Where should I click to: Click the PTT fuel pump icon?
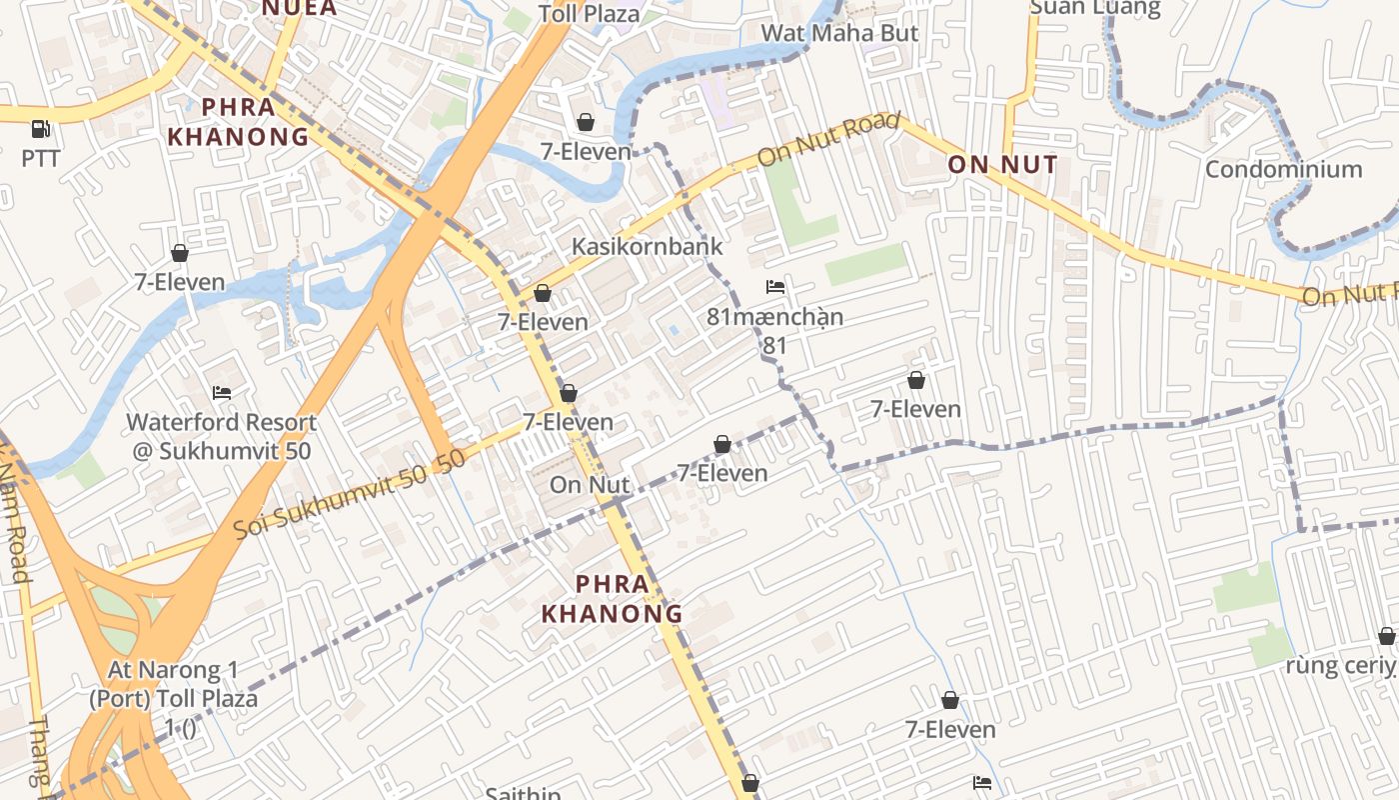coord(40,128)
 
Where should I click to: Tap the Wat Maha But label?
coord(839,33)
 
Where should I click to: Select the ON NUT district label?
coord(1001,165)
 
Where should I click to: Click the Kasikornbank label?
coord(647,246)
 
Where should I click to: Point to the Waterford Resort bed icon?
coord(222,393)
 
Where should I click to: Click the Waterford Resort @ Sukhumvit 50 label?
coord(222,436)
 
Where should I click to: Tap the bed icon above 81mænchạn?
coord(775,288)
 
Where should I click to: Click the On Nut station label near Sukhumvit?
coord(590,485)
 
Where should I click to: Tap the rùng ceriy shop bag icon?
coord(1386,636)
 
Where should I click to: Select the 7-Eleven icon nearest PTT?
coord(180,253)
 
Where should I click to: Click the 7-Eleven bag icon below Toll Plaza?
coord(586,122)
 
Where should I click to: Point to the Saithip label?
coord(523,793)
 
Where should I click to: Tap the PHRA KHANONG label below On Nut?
coord(612,598)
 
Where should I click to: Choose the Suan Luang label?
coord(1095,8)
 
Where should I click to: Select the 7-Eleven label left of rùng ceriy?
coord(950,729)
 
